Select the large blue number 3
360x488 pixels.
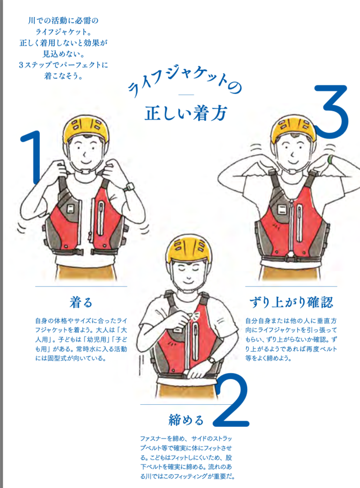(331, 112)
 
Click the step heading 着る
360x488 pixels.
(81, 302)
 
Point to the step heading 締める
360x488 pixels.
(186, 420)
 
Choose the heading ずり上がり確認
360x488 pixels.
(291, 302)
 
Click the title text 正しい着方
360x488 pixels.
(185, 113)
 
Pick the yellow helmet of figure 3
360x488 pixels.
(293, 129)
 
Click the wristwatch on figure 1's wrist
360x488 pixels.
(128, 186)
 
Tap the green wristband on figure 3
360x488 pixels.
(330, 159)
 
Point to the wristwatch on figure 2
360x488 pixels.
(212, 360)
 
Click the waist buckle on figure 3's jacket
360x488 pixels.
(292, 258)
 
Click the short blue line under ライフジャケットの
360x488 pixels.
(186, 95)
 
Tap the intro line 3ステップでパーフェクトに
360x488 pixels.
(63, 65)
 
